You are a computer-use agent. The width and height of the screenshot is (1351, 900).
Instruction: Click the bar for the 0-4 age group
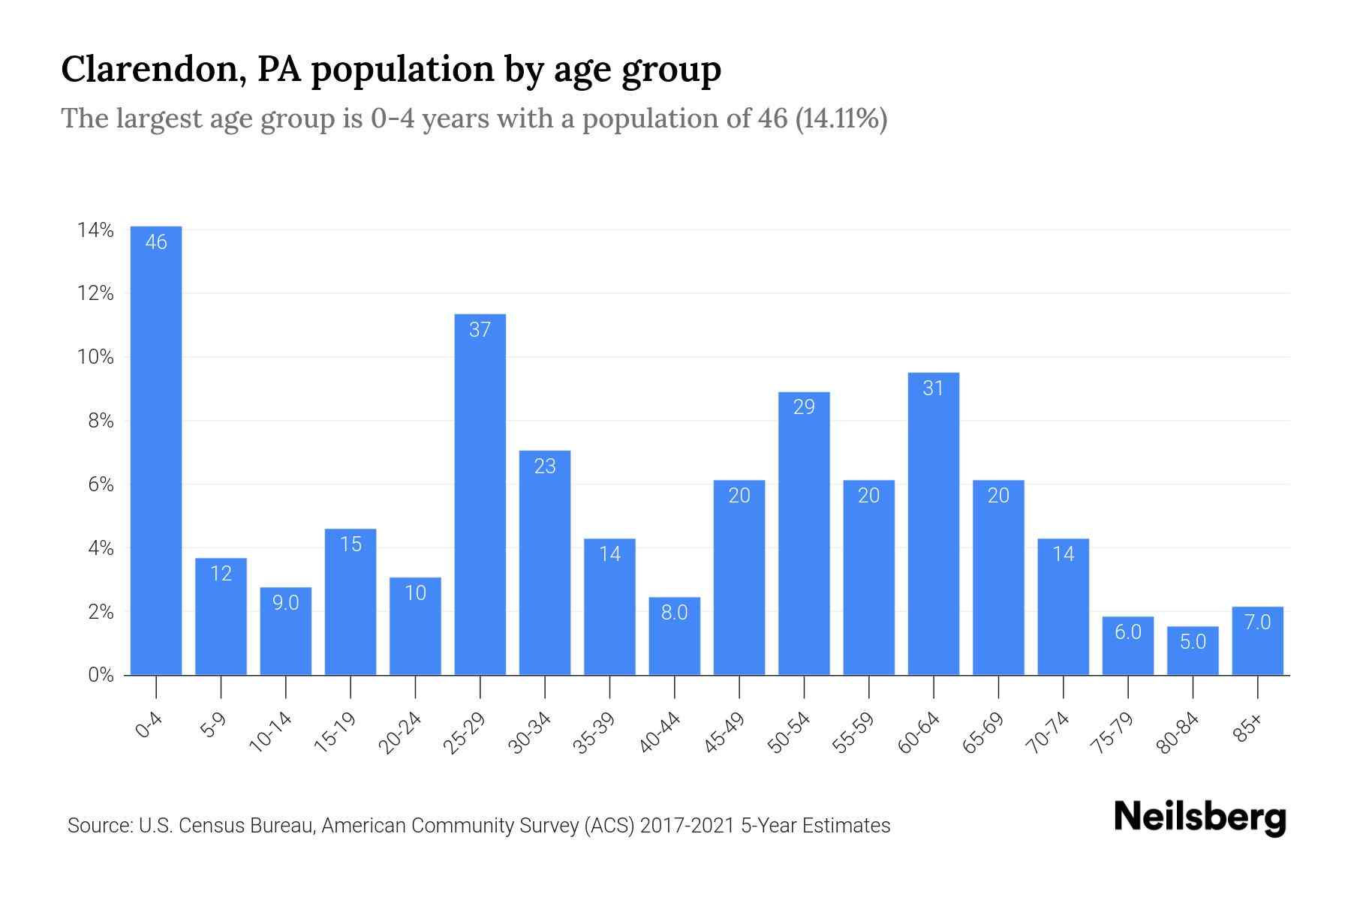(156, 450)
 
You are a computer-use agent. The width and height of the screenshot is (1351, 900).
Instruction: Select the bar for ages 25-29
(480, 495)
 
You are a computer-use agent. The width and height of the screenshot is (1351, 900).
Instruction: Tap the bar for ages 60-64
(933, 525)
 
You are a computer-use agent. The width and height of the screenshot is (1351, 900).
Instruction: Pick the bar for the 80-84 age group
(1193, 651)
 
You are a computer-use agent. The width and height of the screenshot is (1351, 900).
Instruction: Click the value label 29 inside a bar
(804, 406)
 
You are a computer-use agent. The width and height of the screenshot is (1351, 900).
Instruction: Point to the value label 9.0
(286, 602)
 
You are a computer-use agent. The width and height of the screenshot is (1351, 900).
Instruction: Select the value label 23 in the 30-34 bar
(545, 466)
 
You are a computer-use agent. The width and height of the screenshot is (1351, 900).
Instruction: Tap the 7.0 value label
(1257, 622)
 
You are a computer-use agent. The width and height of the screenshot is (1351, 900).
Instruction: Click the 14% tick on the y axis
(95, 230)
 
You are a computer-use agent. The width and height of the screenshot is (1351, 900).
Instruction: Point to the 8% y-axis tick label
(101, 421)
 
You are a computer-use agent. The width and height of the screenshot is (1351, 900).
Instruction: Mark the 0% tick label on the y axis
(101, 675)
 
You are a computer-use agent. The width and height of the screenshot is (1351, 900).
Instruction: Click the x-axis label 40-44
(660, 733)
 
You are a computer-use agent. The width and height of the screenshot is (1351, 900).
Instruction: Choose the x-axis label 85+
(1248, 728)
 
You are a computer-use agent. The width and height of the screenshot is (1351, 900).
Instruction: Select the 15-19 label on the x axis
(335, 733)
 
